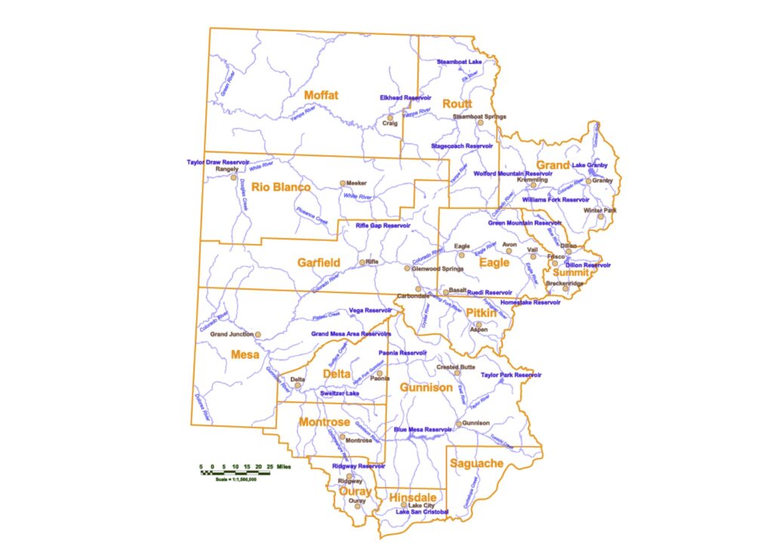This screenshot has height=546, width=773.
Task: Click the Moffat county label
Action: coord(321,95)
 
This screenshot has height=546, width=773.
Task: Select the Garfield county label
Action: coord(318,263)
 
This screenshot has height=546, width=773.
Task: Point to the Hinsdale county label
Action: coord(412,498)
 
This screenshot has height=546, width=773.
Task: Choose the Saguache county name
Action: coord(476,464)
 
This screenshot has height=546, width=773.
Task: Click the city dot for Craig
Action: coord(390,117)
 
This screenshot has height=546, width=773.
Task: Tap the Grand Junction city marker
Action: coord(257,334)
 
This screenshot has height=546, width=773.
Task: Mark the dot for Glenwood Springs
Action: coord(407,268)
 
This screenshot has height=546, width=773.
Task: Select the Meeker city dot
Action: coord(342,183)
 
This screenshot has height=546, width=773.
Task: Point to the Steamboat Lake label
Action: coord(459,61)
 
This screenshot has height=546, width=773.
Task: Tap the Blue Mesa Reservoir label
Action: coord(422,430)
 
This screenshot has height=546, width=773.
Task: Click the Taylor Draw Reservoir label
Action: coord(218,162)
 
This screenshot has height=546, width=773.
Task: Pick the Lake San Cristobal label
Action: coord(423,513)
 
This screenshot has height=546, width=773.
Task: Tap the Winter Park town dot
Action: coord(601,216)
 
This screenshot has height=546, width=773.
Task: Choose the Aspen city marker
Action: coord(478,324)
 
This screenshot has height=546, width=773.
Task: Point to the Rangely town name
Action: coord(226,170)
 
